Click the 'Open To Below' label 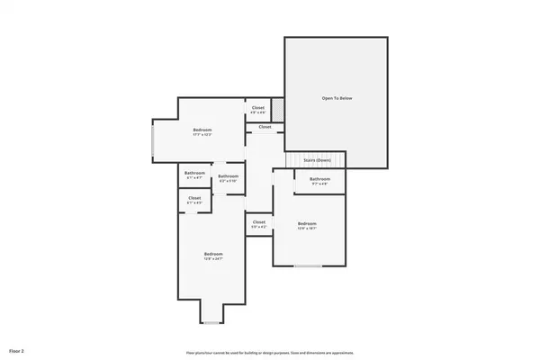coord(337,97)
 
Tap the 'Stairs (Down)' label coord(317,160)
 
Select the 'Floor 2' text coord(17,349)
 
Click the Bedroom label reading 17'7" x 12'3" coord(202,132)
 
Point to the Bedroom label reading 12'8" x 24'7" coord(212,256)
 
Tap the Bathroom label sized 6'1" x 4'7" coord(194,175)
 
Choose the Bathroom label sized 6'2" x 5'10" coord(228,178)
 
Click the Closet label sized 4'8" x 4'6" coord(257,110)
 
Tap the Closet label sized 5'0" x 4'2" coord(258,224)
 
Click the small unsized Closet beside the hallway coord(265,127)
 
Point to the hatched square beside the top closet coord(278,109)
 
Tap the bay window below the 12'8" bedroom coord(211,319)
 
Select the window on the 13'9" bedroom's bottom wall coord(309,265)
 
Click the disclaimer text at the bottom coord(269,353)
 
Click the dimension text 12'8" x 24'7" coord(212,259)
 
